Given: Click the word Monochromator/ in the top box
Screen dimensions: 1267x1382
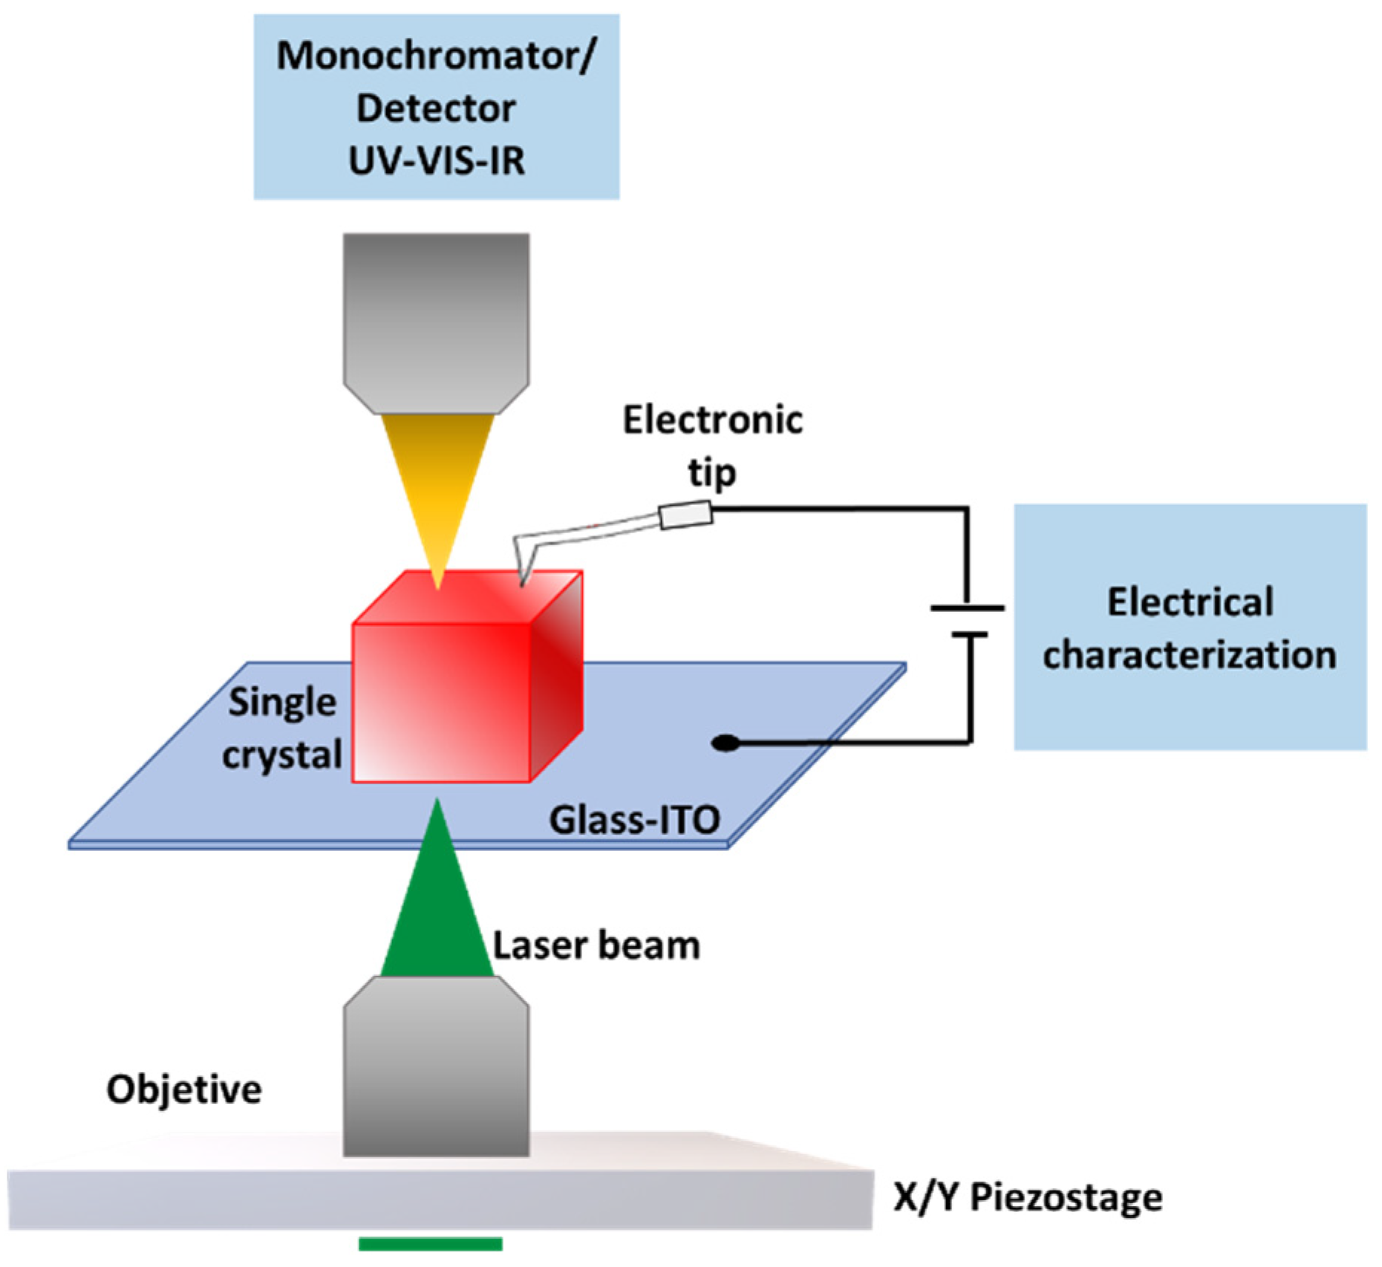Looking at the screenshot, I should [x=435, y=56].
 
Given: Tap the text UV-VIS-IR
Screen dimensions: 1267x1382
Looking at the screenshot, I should [x=437, y=161].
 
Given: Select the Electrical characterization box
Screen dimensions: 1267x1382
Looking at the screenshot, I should [x=1189, y=628].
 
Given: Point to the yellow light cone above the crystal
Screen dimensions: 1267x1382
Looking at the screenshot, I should [x=437, y=490].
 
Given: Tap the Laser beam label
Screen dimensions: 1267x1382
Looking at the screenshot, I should [x=596, y=946].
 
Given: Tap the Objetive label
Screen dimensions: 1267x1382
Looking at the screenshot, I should [x=184, y=1090].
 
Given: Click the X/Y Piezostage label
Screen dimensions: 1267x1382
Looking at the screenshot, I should [x=1028, y=1197].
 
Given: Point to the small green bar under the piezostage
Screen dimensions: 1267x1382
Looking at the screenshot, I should [x=431, y=1244].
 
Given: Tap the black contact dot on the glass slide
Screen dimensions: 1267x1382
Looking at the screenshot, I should [x=725, y=743].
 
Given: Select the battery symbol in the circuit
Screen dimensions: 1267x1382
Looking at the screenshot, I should [x=968, y=621].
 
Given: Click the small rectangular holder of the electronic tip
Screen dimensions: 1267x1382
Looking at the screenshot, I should [x=686, y=515].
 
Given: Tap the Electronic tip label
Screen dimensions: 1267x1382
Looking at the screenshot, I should [x=712, y=446].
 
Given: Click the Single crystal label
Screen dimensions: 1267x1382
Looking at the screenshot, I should [x=282, y=729].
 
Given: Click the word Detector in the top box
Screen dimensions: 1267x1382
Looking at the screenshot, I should [x=436, y=109].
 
